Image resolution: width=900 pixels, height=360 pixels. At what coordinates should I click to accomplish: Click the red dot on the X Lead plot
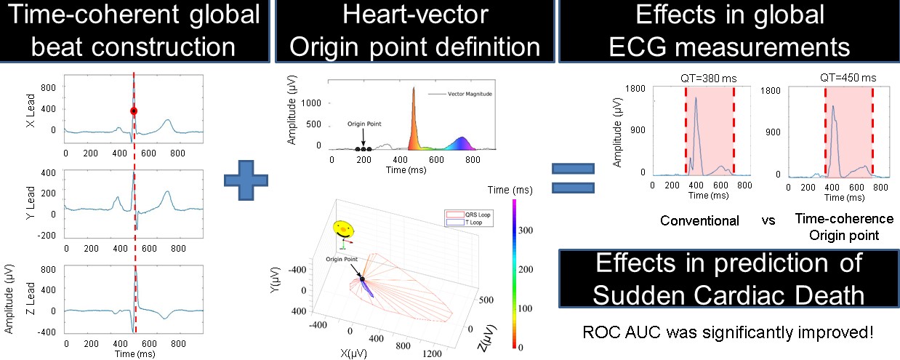coord(134,111)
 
